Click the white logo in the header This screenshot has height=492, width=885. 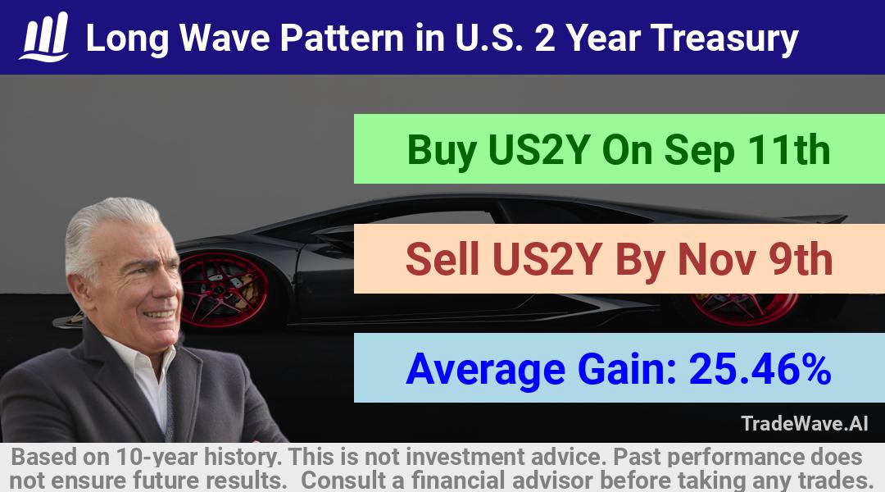click(44, 36)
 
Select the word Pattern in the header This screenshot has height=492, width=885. click(342, 38)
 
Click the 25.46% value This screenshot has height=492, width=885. click(760, 368)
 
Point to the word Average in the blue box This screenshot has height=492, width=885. click(485, 370)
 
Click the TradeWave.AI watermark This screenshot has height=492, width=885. click(805, 423)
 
